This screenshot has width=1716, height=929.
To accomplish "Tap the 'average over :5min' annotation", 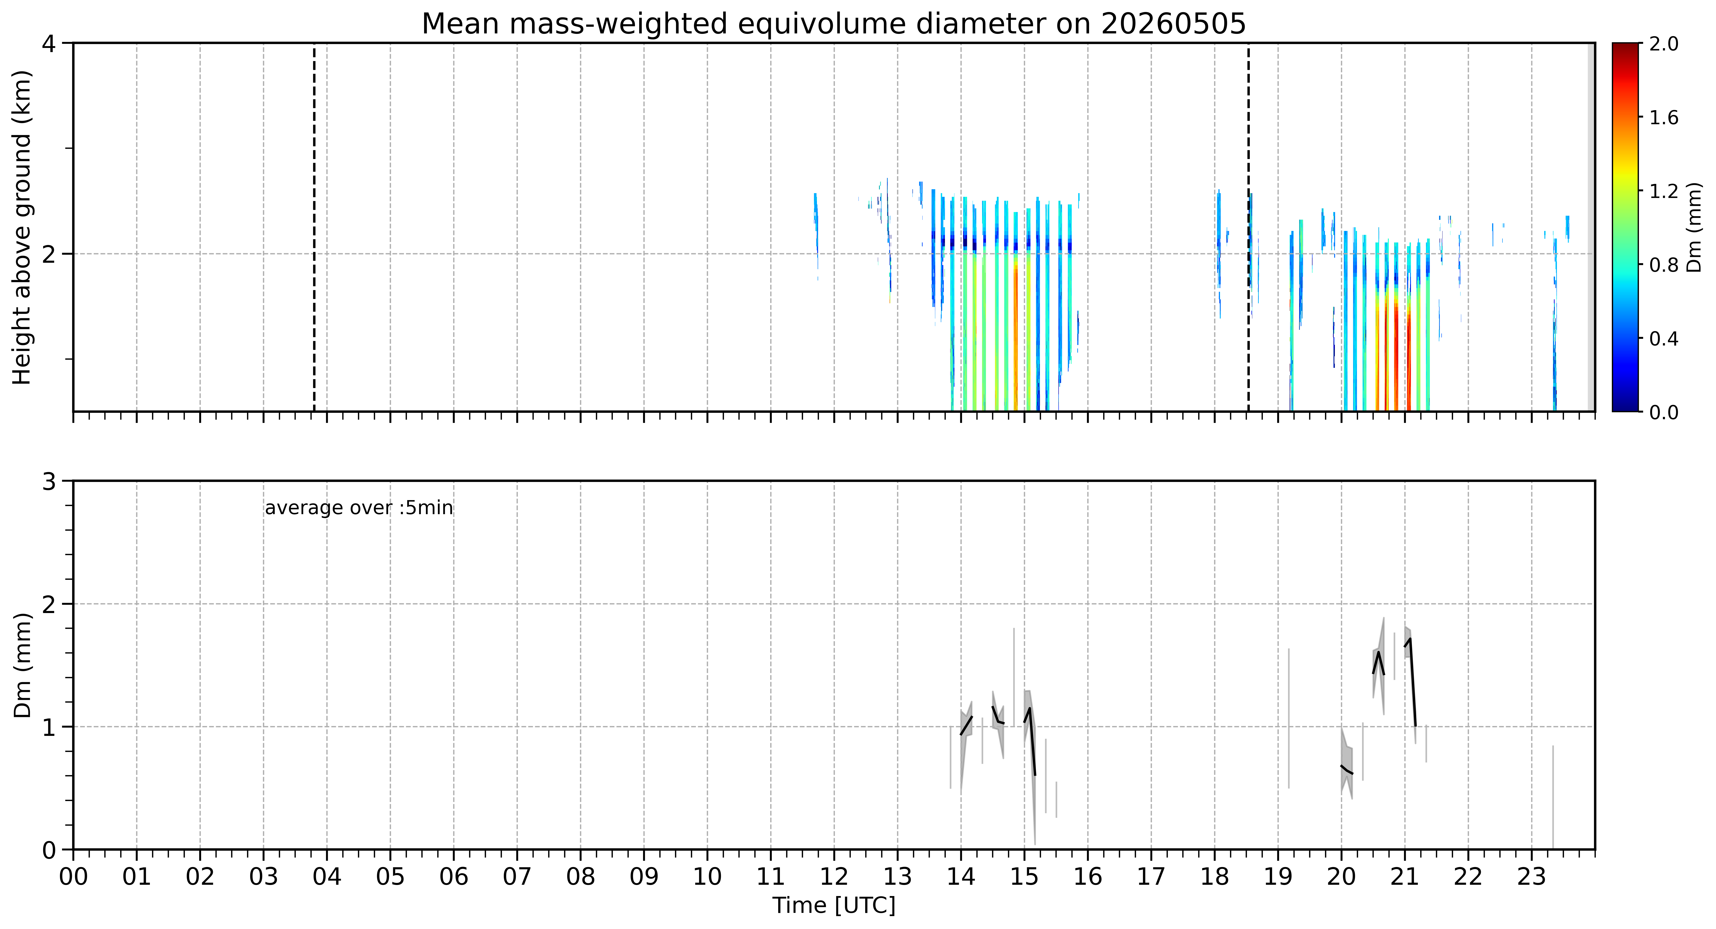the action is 358,508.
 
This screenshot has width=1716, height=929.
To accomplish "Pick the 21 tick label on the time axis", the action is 1405,876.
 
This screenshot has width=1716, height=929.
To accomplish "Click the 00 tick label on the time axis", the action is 73,876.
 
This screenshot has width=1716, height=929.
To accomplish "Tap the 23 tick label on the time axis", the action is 1532,876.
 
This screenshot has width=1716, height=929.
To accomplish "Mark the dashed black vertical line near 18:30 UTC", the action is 1248,227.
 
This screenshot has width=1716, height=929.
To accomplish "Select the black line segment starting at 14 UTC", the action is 967,725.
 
